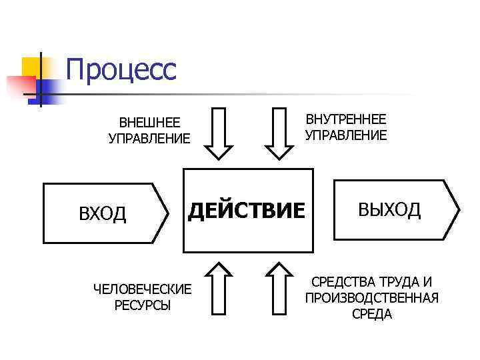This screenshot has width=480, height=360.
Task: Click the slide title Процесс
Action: point(121,70)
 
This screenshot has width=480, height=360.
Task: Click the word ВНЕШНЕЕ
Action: point(149,123)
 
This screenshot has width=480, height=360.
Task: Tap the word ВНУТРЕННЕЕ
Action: point(345,119)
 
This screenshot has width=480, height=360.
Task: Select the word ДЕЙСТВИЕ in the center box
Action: point(247,211)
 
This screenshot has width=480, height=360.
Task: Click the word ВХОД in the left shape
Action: point(103,214)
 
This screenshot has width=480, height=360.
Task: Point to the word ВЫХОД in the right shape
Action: point(389,210)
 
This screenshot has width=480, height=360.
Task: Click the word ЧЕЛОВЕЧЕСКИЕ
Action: point(142,289)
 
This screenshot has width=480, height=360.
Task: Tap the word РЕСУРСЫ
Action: point(142,305)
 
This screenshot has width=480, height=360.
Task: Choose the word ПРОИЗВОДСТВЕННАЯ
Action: point(372,298)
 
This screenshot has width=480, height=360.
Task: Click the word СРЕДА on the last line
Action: point(372,314)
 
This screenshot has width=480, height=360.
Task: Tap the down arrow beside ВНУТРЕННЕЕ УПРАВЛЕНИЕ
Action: point(279,133)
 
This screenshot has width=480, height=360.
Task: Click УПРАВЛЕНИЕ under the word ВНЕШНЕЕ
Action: point(149,139)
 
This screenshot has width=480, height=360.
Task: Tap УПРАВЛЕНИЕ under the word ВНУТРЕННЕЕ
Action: point(345,135)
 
